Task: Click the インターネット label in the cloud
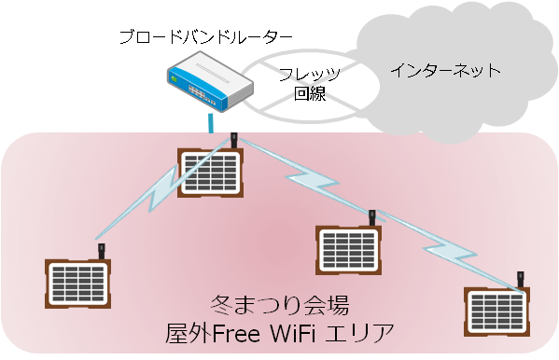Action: point(445,71)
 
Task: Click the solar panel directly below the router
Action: point(211,173)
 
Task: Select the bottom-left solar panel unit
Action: point(78,285)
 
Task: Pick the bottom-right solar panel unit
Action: point(497,312)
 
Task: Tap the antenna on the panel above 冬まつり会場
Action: point(372,216)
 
